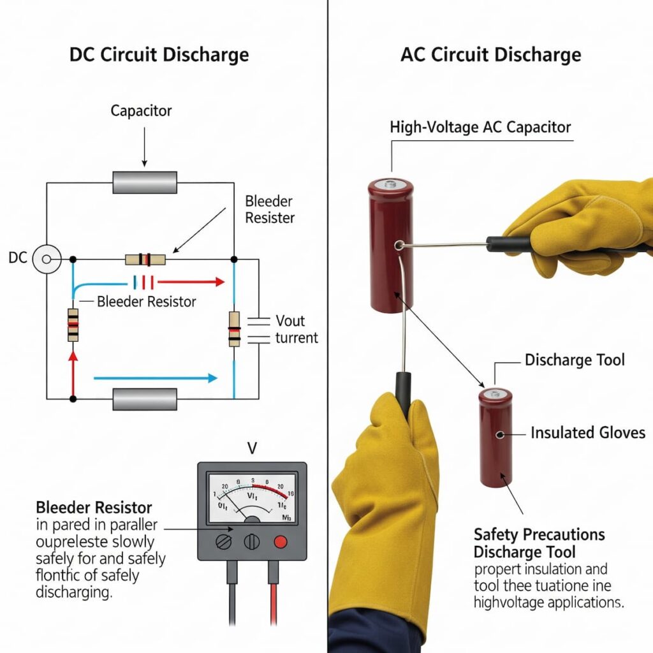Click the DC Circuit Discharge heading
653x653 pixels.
tap(159, 54)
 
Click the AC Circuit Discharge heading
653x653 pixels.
tap(490, 54)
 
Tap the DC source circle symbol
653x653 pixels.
tap(47, 260)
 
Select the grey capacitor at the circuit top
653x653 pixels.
tap(145, 182)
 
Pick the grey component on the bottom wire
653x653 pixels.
tap(145, 399)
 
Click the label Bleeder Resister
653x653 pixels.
tap(269, 209)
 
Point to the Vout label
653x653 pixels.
tap(290, 321)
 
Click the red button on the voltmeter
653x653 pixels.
tap(279, 541)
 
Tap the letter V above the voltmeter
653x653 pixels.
tap(252, 448)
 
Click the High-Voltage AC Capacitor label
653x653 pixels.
tap(480, 127)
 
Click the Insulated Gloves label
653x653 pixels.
tap(587, 433)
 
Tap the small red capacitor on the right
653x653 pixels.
tap(496, 437)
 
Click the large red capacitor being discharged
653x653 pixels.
tap(390, 246)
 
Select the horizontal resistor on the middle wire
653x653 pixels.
tap(145, 260)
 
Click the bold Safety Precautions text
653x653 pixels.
tap(539, 534)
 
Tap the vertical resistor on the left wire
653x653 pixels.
tap(73, 325)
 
